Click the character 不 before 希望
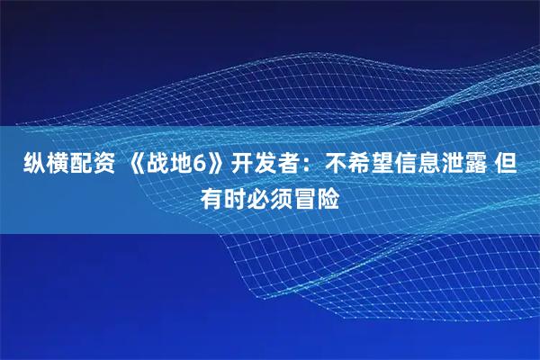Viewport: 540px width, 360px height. (x=337, y=165)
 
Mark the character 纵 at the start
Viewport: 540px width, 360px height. (x=21, y=165)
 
